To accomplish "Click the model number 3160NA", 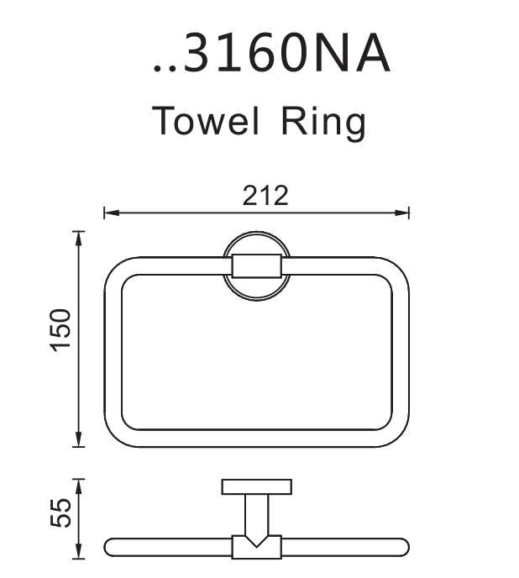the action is tap(286, 54).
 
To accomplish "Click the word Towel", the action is tap(205, 120).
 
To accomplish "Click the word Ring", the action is tap(323, 123).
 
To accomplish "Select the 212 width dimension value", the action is tap(265, 196).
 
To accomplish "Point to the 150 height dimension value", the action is tap(60, 330).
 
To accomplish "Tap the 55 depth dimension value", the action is tap(60, 513).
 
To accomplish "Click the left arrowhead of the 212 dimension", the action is tap(112, 213).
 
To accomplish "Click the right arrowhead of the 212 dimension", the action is tap(401, 213).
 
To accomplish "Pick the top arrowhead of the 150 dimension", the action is tap(78, 239).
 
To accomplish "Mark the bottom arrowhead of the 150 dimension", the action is tap(78, 439).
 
